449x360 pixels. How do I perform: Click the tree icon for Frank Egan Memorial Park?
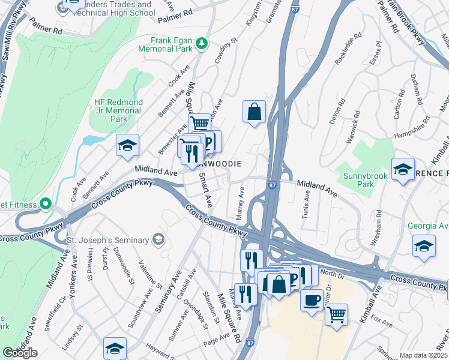point(202,43)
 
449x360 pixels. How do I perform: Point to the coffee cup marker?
point(312,300)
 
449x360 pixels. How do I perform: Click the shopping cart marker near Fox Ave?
point(336,314)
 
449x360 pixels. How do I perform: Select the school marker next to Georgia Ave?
point(424,246)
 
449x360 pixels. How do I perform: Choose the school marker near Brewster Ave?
point(127,146)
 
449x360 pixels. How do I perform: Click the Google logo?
point(20,353)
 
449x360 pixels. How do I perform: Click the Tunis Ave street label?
point(306,205)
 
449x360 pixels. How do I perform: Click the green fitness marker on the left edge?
point(44,205)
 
